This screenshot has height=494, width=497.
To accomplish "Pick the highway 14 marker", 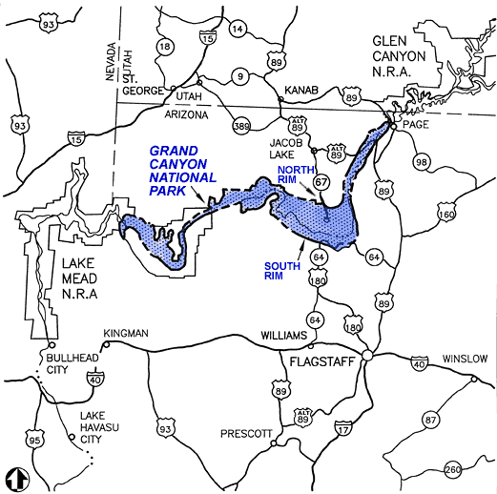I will pyautogui.click(x=238, y=28).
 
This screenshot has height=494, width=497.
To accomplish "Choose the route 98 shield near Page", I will pyautogui.click(x=421, y=162).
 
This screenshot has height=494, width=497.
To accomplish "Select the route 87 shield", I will pyautogui.click(x=431, y=420).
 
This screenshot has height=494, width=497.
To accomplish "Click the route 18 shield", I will pyautogui.click(x=165, y=47).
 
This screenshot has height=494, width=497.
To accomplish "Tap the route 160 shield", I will pyautogui.click(x=445, y=215).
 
